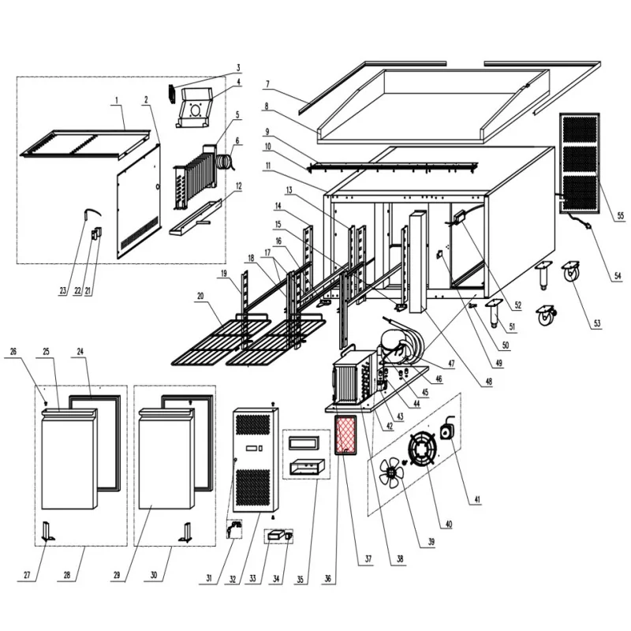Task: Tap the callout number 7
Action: point(268,83)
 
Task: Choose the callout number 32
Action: point(234,578)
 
